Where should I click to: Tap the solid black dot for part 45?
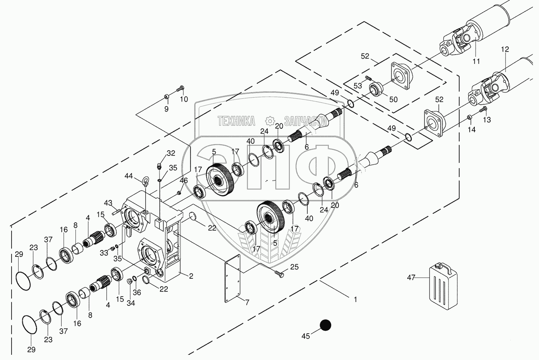click(326, 325)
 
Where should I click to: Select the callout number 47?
click(411, 277)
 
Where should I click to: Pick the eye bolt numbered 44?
click(145, 181)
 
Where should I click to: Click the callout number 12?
click(505, 49)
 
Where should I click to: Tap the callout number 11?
click(476, 61)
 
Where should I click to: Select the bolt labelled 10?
click(180, 89)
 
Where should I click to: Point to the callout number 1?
click(355, 299)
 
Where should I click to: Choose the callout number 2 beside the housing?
click(191, 276)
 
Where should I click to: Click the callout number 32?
click(171, 153)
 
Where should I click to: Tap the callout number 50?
click(393, 99)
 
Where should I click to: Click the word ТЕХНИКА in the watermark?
click(236, 121)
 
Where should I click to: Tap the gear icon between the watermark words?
click(269, 121)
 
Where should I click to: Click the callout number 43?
click(108, 203)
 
